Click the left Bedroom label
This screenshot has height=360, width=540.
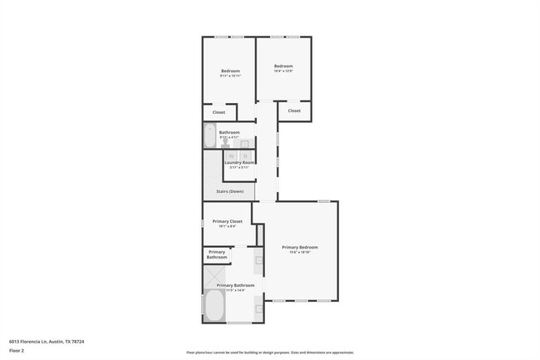(x=230, y=71)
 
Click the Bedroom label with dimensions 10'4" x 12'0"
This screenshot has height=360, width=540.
(x=284, y=67)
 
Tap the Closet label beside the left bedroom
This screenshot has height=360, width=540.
(x=218, y=112)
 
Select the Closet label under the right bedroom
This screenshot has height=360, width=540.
(x=294, y=111)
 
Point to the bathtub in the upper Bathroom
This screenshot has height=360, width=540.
(x=209, y=136)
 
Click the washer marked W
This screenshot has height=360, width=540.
(x=232, y=155)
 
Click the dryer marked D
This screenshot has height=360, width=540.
(x=245, y=155)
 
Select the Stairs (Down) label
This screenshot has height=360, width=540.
(x=229, y=191)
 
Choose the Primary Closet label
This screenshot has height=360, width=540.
(x=227, y=221)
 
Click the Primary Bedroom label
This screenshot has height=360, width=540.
(x=299, y=247)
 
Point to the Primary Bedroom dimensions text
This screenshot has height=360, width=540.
(x=299, y=253)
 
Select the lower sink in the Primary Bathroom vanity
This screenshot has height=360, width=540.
(x=258, y=309)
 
